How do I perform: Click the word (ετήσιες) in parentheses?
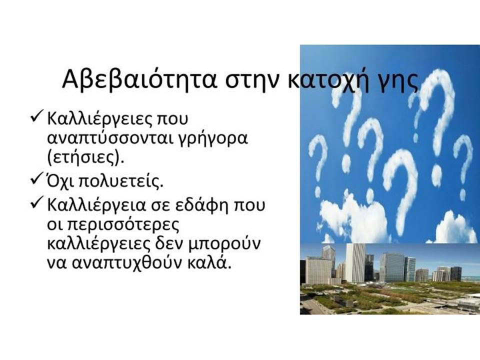pos(85,158)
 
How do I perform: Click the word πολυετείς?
pos(121,181)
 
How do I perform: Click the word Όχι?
pos(61,181)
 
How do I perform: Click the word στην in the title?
pos(252,81)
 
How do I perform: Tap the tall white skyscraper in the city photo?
pos(354,262)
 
